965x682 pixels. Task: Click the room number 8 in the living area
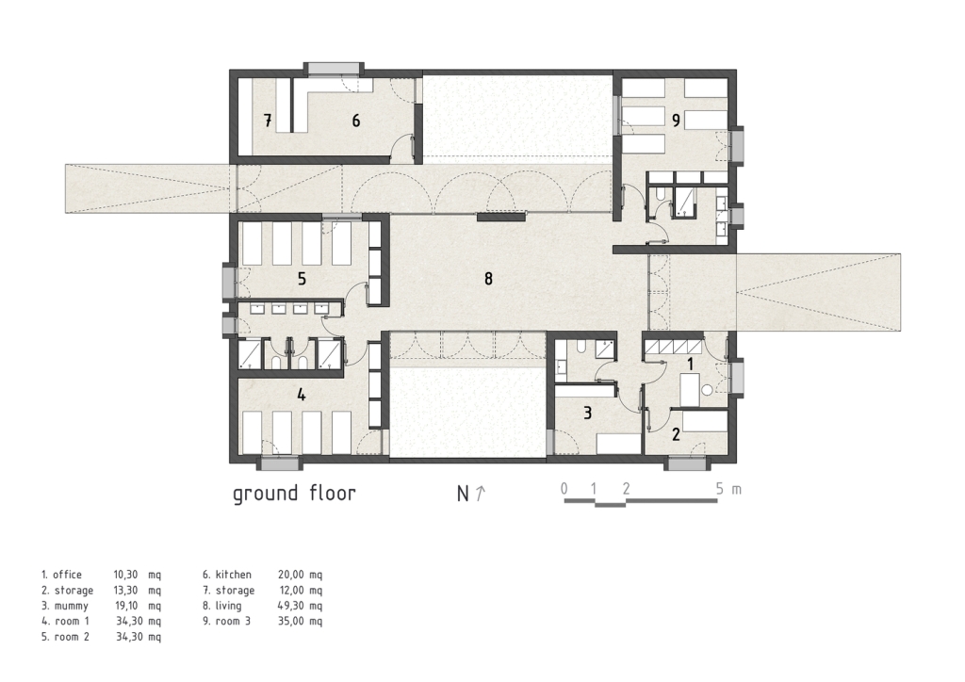coord(488,279)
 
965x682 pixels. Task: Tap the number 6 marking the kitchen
coord(355,121)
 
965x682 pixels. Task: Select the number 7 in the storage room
coord(268,121)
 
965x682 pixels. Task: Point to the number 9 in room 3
coord(676,121)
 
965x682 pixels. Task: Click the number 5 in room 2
coord(302,279)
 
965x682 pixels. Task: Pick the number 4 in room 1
coord(301,394)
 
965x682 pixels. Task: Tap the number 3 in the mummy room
coord(587,413)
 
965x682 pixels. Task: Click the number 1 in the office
coord(690,364)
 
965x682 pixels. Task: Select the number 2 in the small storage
coord(676,434)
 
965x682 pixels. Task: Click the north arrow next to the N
coord(481,493)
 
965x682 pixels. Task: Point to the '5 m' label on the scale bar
coord(728,490)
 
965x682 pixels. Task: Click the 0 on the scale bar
coord(564,489)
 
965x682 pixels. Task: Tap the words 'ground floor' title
coord(294,494)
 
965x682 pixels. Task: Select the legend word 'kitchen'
coord(234,575)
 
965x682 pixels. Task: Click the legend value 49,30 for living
coord(290,606)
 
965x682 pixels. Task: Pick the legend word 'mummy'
coord(71,606)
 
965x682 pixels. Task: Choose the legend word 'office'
coord(67,575)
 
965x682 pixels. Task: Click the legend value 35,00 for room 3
coord(290,621)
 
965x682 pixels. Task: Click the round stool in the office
coord(707,389)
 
